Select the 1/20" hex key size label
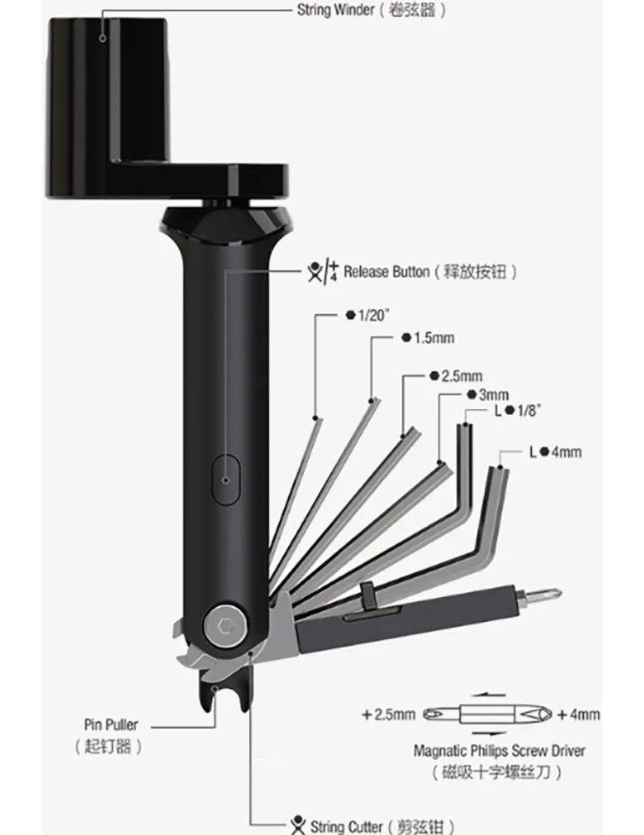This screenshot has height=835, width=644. click(x=368, y=316)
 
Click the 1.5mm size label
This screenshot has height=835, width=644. click(x=428, y=337)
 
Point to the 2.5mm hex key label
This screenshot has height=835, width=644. click(x=456, y=376)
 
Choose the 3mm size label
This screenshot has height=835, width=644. click(x=488, y=395)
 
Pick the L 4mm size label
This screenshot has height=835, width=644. click(x=555, y=452)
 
